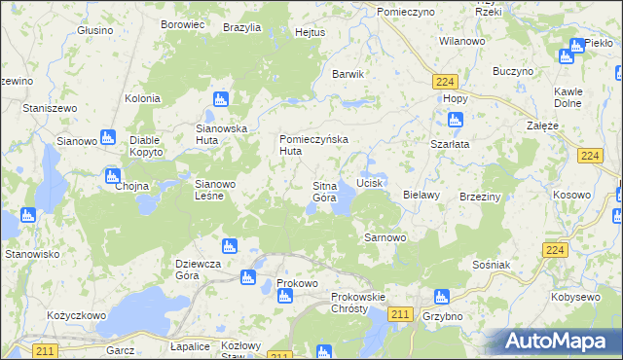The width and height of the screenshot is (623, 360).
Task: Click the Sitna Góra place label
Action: [324, 191]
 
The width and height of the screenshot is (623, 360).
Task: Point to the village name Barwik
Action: [348, 74]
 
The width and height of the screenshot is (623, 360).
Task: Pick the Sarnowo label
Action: [384, 236]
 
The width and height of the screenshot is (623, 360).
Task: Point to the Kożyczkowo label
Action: [76, 316]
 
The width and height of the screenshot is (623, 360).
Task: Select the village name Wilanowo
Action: [462, 42]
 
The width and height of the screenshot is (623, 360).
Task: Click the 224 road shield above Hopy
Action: [447, 82]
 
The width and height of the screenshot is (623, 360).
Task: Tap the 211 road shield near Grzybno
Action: [399, 312]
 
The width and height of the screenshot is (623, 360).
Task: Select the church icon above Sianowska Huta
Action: [221, 99]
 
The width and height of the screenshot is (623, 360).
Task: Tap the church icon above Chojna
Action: [112, 177]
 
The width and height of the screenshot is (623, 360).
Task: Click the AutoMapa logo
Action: [559, 341]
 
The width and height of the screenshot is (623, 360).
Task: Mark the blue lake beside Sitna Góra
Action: [343, 202]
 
